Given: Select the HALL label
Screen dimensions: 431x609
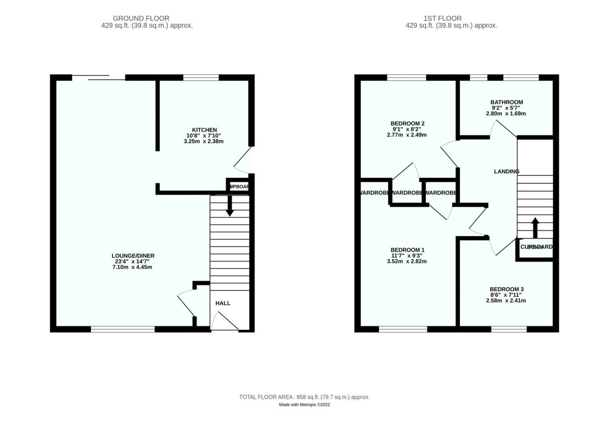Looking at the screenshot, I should coord(223,303).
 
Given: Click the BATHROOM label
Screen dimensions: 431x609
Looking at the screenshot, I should coord(506,102).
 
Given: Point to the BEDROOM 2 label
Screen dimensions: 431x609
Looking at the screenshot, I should coord(407,123).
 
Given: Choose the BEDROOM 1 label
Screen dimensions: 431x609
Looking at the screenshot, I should coord(407,250).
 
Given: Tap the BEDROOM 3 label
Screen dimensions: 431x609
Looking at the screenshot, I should coord(506,289).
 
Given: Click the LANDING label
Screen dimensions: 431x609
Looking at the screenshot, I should coord(506,171).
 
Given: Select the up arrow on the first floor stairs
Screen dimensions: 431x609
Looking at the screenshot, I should coord(535,227).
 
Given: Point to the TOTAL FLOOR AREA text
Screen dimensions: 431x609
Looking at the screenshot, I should coord(304,397).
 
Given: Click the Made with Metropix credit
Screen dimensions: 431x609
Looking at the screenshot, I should coord(304,405).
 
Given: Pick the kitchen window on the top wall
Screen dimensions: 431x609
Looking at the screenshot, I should coord(201,78).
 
